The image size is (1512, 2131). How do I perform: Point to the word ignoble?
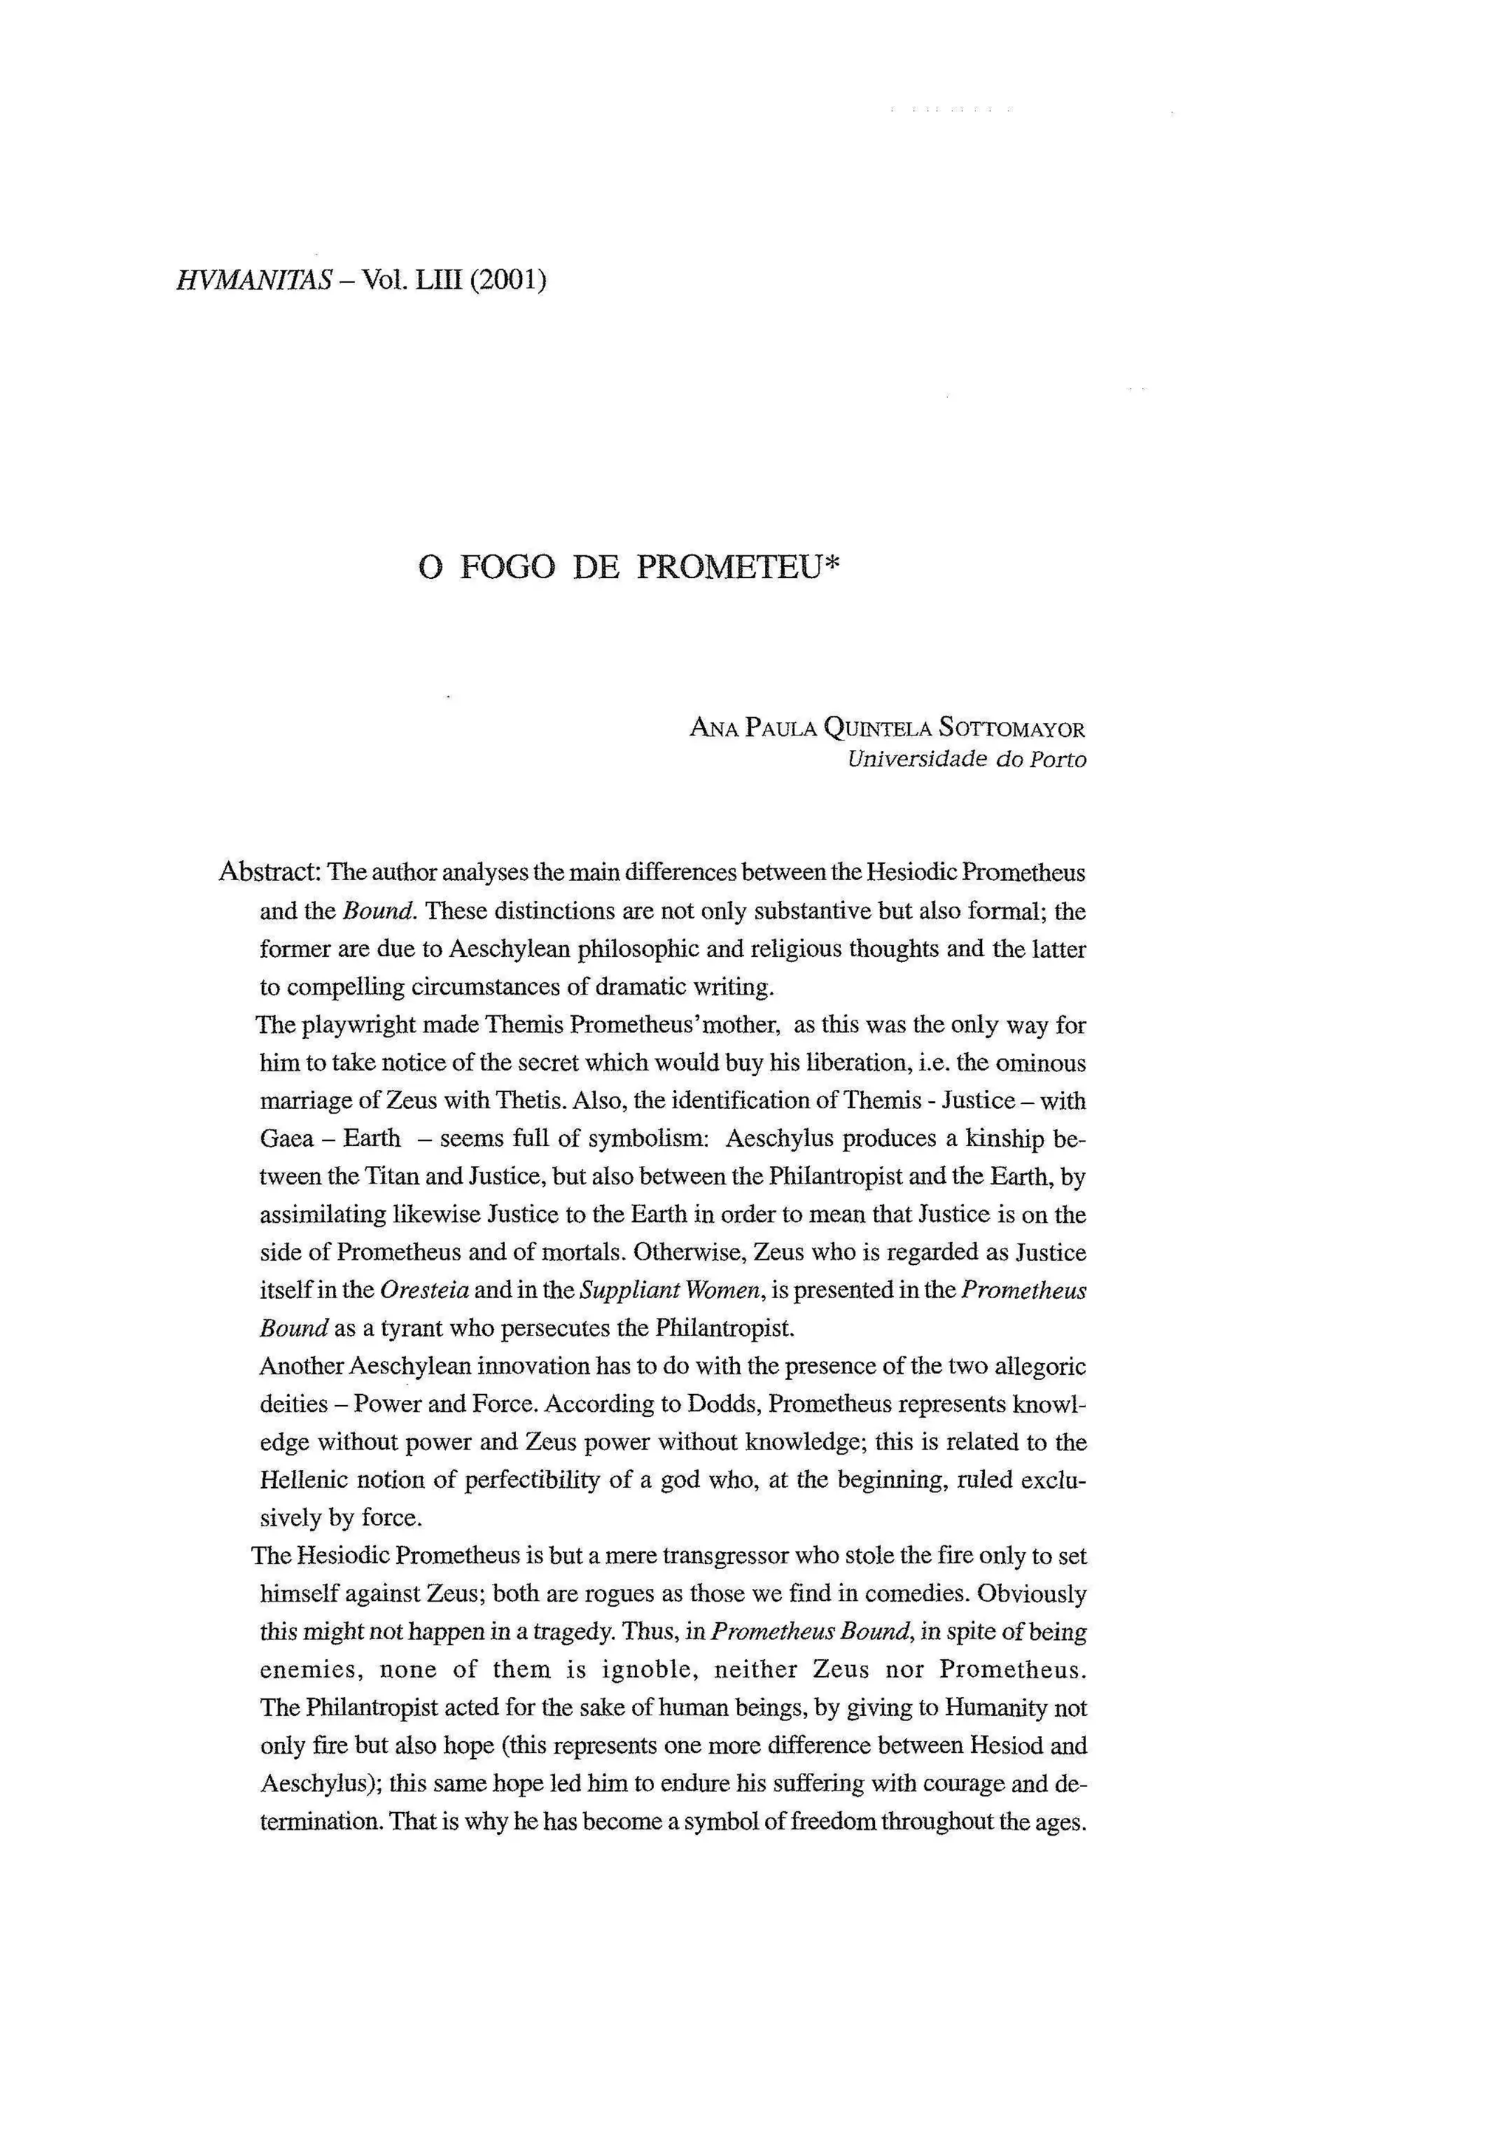click(x=649, y=1670)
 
